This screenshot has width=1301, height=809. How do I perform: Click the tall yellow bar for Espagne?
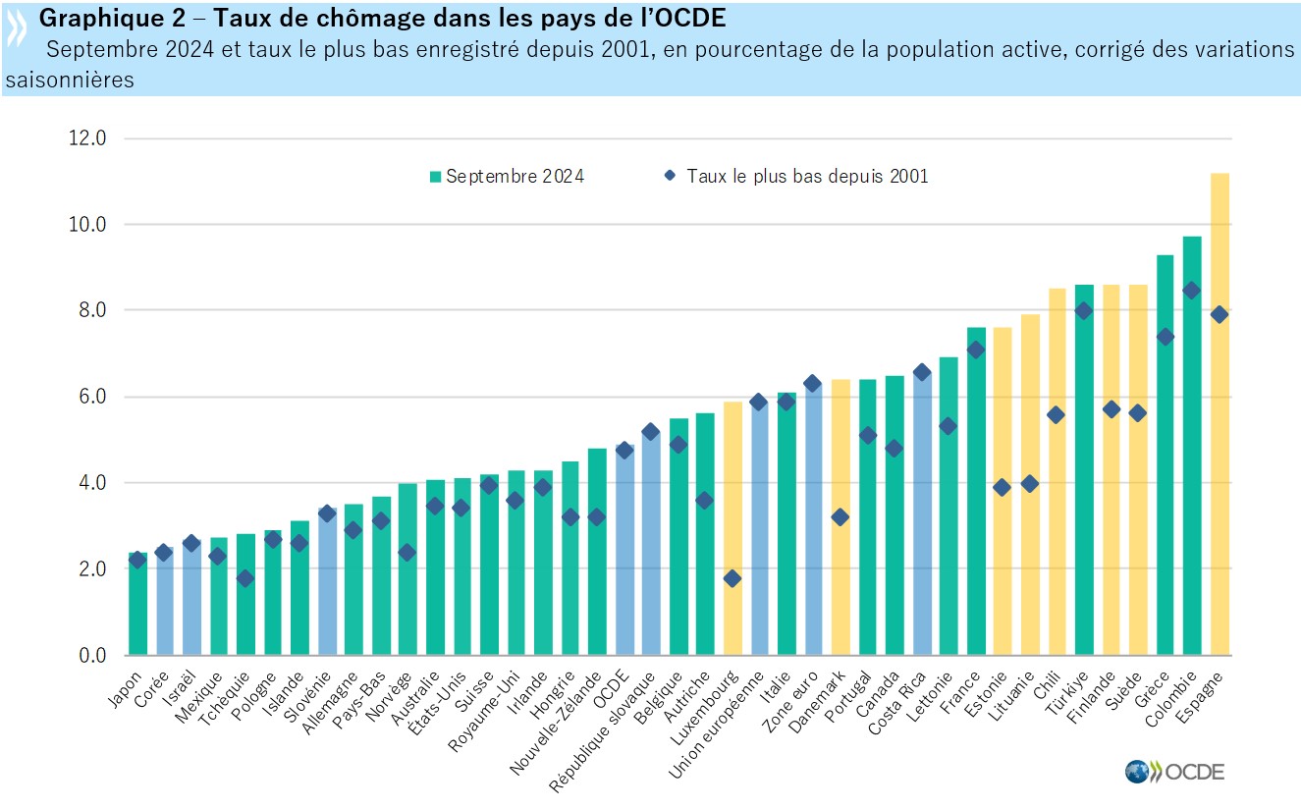(x=1220, y=412)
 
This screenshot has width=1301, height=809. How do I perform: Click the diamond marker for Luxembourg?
(x=732, y=578)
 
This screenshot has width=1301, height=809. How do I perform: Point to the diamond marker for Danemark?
(x=840, y=516)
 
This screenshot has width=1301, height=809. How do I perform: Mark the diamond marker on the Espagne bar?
(x=1220, y=314)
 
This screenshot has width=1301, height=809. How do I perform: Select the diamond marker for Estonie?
(x=1003, y=487)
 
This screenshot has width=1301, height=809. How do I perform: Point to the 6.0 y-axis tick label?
(x=91, y=397)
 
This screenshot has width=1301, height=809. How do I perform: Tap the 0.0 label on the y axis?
(x=91, y=655)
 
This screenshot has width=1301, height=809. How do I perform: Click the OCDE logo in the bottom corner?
(x=1175, y=771)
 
